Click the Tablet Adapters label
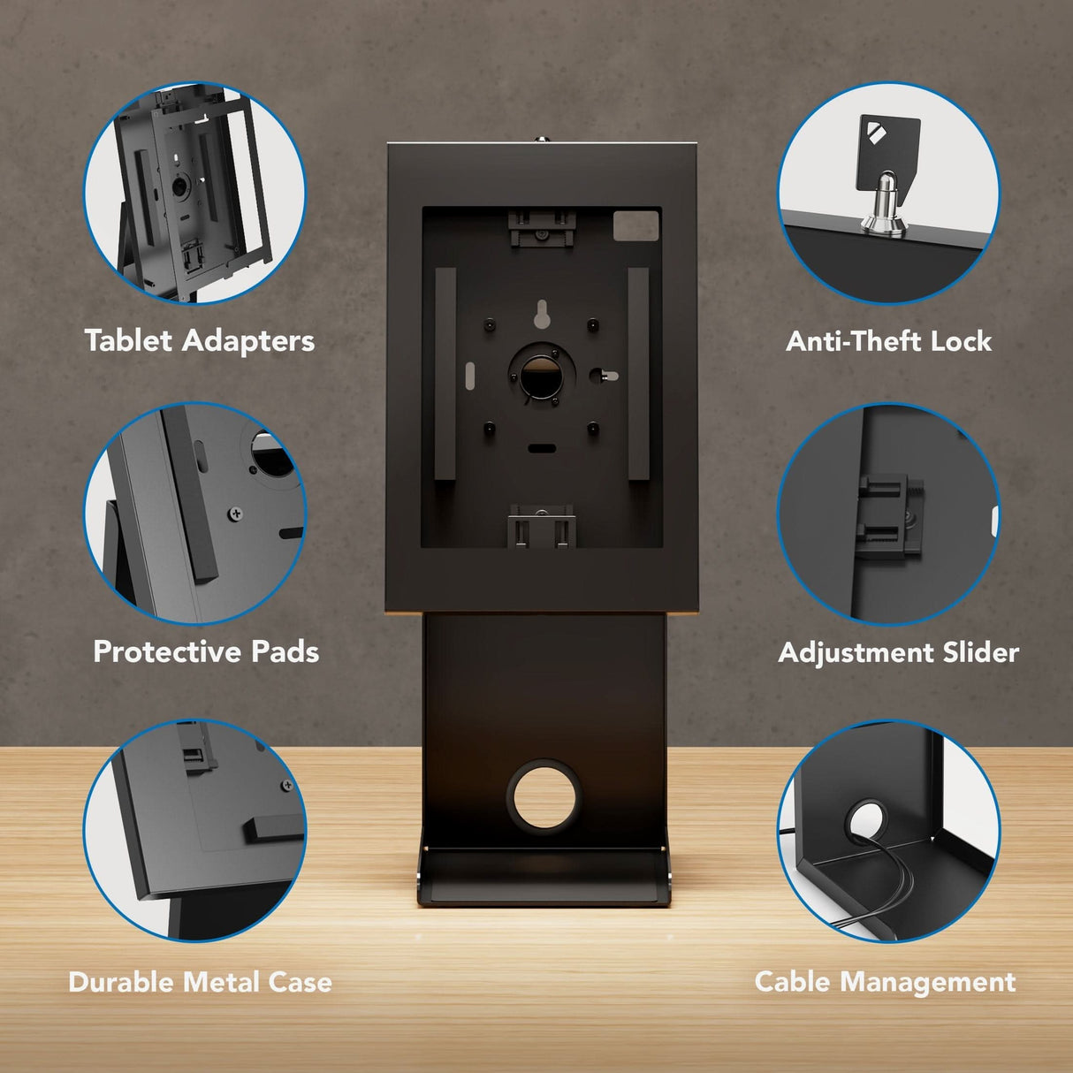[x=200, y=341]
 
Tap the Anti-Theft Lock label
[x=888, y=341]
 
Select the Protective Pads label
[x=206, y=652]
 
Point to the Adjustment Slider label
[x=898, y=653]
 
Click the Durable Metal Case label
[x=200, y=982]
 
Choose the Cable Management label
[x=885, y=982]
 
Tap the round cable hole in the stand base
[x=542, y=795]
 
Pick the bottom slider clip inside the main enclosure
[x=542, y=529]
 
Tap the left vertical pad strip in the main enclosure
[x=445, y=374]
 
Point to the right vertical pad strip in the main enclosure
[x=638, y=374]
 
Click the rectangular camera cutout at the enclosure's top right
[x=636, y=224]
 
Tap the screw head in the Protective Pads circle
[x=236, y=513]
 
